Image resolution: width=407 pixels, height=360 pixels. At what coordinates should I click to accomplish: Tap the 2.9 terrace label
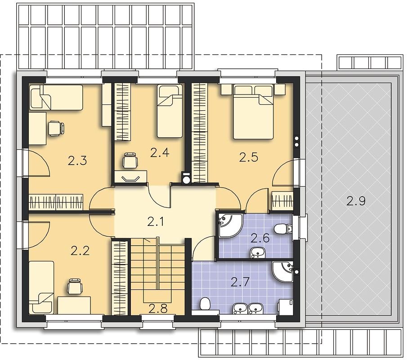tap(356, 201)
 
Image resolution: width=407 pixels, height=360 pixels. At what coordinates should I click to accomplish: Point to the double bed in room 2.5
tap(253, 112)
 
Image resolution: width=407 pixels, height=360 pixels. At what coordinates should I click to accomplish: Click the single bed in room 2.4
tap(170, 111)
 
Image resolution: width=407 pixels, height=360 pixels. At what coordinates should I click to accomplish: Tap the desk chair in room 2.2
tap(75, 287)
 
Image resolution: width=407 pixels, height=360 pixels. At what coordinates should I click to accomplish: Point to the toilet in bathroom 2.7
tap(205, 303)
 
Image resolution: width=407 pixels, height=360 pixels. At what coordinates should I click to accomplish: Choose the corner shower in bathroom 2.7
tap(283, 272)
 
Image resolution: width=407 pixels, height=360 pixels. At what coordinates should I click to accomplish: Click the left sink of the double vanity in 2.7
tap(240, 308)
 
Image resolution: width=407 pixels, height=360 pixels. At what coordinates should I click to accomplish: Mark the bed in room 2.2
tap(41, 288)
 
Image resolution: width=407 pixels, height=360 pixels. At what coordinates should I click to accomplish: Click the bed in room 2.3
tap(57, 97)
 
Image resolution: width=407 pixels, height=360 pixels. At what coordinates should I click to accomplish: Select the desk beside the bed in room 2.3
tap(37, 128)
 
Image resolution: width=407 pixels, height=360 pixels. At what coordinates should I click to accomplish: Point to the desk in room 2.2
tap(74, 306)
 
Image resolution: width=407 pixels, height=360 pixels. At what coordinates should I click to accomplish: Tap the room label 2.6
tap(259, 238)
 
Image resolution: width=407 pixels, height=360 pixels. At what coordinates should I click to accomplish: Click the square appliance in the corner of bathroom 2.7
tap(286, 306)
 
